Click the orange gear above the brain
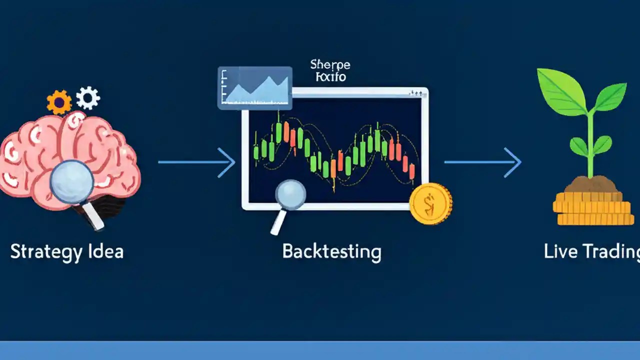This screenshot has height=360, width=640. coord(59,102)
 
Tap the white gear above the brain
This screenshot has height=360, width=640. coord(88,98)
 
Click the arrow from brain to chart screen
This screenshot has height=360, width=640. coord(196,162)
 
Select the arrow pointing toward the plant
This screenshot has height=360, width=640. coord(482,162)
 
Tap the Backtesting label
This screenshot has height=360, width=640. coord(331,251)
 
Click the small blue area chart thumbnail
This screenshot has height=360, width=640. coord(254,87)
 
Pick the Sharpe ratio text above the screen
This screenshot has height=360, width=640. coord(330,70)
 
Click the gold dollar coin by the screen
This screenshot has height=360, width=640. coord(430,203)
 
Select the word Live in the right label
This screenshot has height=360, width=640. coord(556,251)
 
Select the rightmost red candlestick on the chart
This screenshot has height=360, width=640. coord(412,171)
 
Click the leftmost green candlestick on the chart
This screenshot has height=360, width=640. coord(256,151)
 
